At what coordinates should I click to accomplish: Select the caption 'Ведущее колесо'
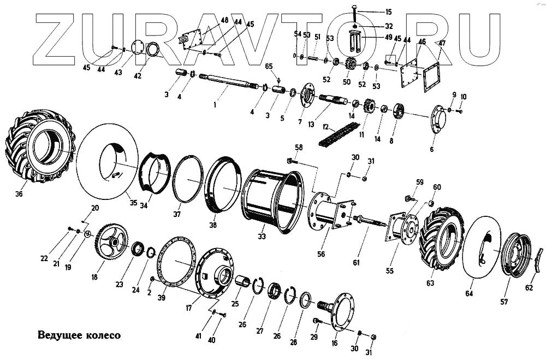(x=79, y=334)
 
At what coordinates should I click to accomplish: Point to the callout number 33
(x=262, y=236)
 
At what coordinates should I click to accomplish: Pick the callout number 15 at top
(x=388, y=11)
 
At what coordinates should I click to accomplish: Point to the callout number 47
(x=442, y=43)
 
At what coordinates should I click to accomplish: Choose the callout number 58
(x=299, y=147)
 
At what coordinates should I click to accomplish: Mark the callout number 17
(x=189, y=307)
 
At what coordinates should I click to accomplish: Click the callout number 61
(x=356, y=263)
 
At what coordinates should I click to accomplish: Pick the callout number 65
(x=268, y=66)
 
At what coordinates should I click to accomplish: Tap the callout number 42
(x=138, y=76)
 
